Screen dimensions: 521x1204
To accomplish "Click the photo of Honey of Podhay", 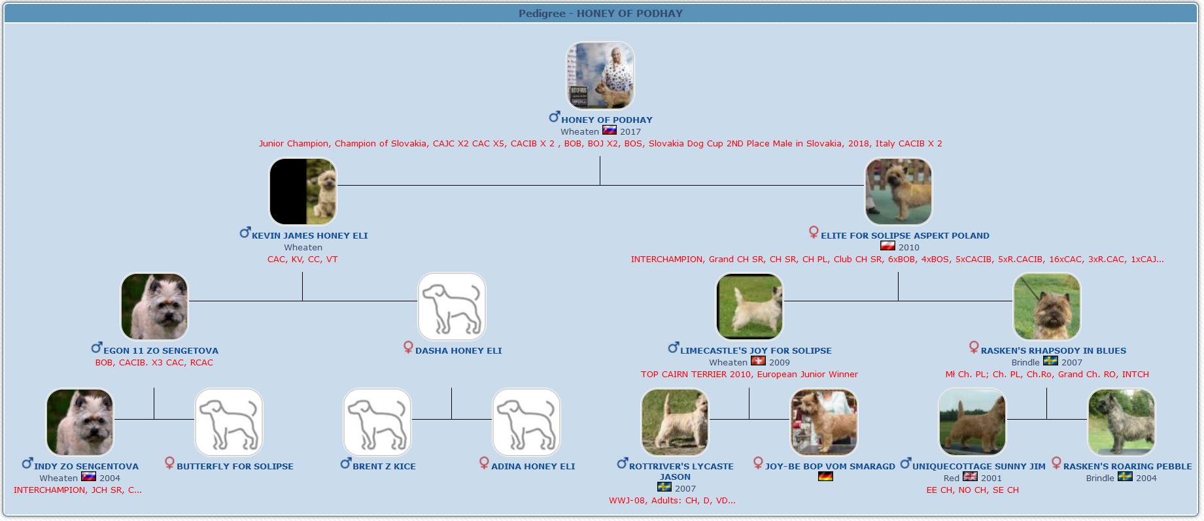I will point(600,75).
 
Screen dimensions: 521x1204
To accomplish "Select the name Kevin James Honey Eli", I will point(309,235).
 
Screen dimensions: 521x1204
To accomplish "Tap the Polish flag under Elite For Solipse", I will point(887,246).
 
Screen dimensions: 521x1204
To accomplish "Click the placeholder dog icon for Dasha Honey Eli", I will point(451,307).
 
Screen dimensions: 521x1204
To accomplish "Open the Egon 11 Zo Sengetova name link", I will point(160,350).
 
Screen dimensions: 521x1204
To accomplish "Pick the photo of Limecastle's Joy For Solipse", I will point(749,307).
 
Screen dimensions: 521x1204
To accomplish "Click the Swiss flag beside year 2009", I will point(758,361).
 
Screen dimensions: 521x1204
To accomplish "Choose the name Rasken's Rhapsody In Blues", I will point(1053,350).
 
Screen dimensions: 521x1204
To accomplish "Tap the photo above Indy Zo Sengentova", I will point(80,422).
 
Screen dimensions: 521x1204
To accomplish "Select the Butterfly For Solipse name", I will point(235,466).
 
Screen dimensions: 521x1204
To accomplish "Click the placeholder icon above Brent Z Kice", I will point(377,422).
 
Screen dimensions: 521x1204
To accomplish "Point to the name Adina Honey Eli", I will point(533,466).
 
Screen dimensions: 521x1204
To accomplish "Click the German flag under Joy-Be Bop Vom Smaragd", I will point(825,477).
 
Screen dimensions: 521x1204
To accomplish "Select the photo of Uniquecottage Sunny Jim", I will point(972,422).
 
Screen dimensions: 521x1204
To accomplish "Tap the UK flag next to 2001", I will point(970,477).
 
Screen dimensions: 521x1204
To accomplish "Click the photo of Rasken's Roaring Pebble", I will point(1121,422).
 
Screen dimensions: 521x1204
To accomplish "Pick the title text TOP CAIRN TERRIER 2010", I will point(696,375).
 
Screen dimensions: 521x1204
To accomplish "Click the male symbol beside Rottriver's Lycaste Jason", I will point(623,463).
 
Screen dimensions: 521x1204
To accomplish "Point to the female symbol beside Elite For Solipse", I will point(814,232).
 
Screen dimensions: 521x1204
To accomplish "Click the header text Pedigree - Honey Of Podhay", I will point(600,13).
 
